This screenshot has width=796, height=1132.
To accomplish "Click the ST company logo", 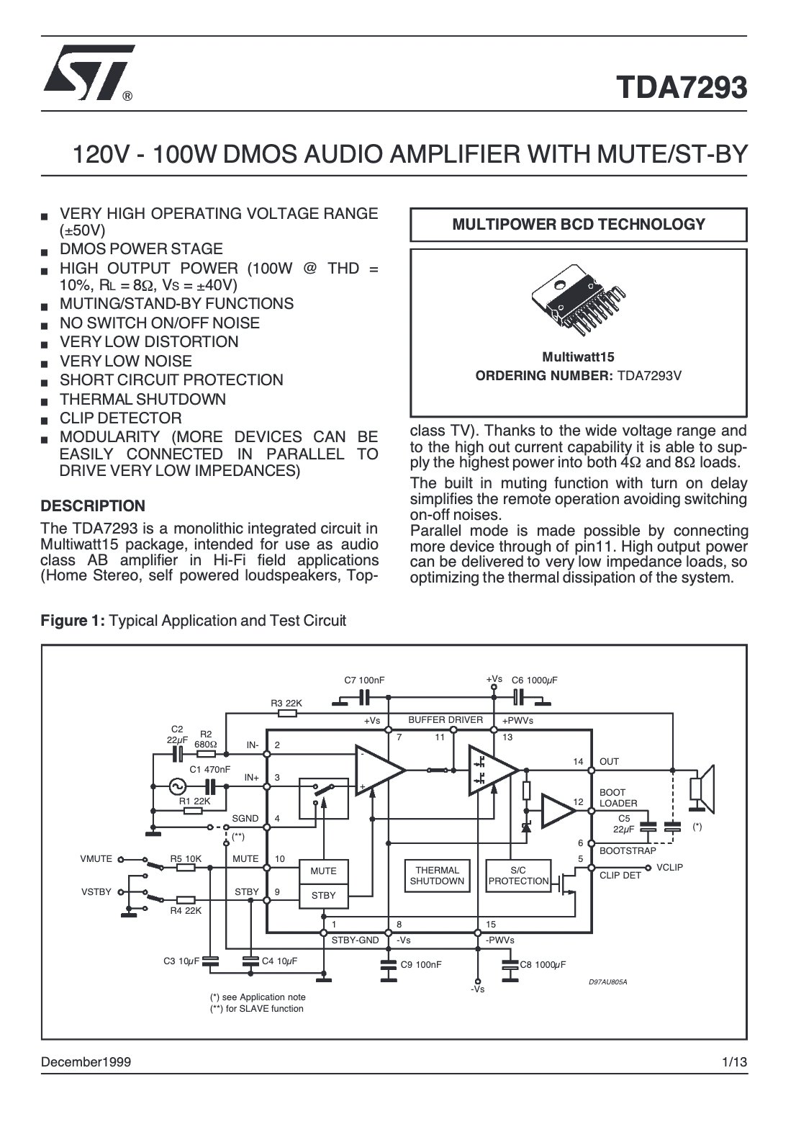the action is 89,73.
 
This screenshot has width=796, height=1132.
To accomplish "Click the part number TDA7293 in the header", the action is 681,87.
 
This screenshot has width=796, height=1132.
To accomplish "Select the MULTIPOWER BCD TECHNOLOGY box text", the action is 579,225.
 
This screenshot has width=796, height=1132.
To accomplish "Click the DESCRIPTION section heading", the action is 93,506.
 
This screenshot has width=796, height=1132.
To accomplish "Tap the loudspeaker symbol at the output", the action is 702,789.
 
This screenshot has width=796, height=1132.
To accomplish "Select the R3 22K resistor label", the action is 286,703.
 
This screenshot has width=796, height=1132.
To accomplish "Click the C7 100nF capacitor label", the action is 364,680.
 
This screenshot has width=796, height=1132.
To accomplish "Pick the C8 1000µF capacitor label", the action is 543,964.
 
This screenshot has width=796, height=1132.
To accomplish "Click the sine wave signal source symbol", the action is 177,786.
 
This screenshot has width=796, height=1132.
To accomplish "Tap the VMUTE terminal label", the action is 96,858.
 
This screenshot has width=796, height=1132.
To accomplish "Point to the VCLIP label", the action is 670,867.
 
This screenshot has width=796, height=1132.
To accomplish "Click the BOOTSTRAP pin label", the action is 628,850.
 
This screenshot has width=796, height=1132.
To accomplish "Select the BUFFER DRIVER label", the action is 446,719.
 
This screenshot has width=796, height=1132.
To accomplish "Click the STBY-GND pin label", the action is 355,940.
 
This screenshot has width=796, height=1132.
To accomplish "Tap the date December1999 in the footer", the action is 86,1061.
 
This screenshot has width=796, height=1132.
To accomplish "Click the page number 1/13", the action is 735,1061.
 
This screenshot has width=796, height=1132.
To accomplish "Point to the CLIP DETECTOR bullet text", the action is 121,418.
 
